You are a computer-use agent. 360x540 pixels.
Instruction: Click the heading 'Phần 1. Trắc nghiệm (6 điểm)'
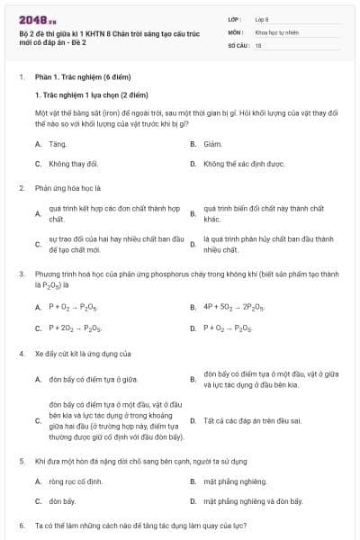[x=78, y=78]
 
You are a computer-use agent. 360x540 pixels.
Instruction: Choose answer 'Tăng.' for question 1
[x=58, y=144]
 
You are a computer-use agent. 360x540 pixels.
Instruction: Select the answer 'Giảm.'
[x=212, y=144]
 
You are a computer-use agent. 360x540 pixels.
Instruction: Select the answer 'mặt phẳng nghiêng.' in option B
[x=236, y=481]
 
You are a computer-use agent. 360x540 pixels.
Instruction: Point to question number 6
[x=21, y=525]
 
